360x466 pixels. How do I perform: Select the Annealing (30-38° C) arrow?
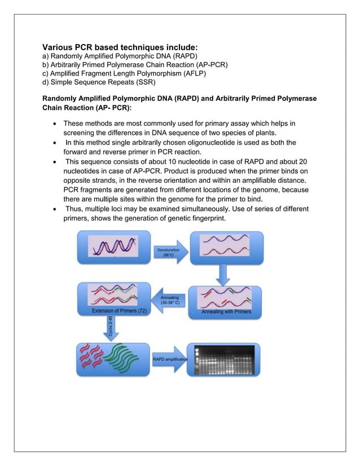[170, 299]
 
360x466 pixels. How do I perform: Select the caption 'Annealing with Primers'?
[226, 311]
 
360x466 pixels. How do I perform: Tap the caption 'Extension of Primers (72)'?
[116, 311]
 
